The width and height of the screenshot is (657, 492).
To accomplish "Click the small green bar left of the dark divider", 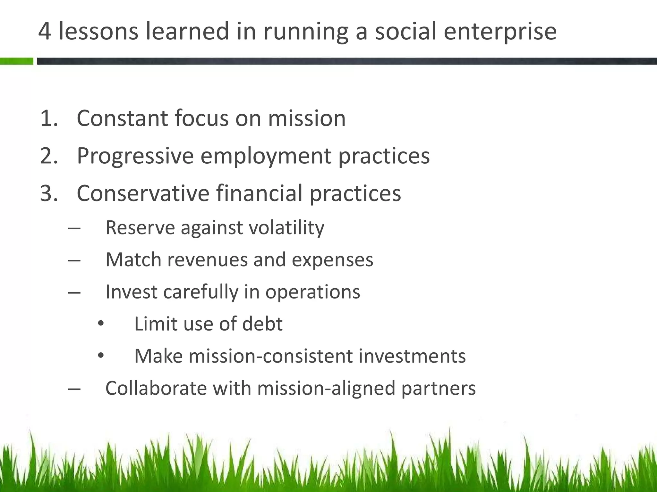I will [16, 61].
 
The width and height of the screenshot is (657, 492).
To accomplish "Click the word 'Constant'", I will [122, 118].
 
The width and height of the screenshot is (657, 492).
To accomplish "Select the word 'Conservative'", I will [143, 193].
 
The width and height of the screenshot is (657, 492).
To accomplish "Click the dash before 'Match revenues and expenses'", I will [74, 260].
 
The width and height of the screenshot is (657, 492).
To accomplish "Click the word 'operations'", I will [312, 292].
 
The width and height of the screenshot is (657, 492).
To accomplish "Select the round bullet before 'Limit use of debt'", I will [101, 324].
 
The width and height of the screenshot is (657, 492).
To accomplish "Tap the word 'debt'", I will [262, 324].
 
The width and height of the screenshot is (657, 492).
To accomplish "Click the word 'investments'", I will [412, 356].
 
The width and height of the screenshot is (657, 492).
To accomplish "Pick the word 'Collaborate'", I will [156, 388].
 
